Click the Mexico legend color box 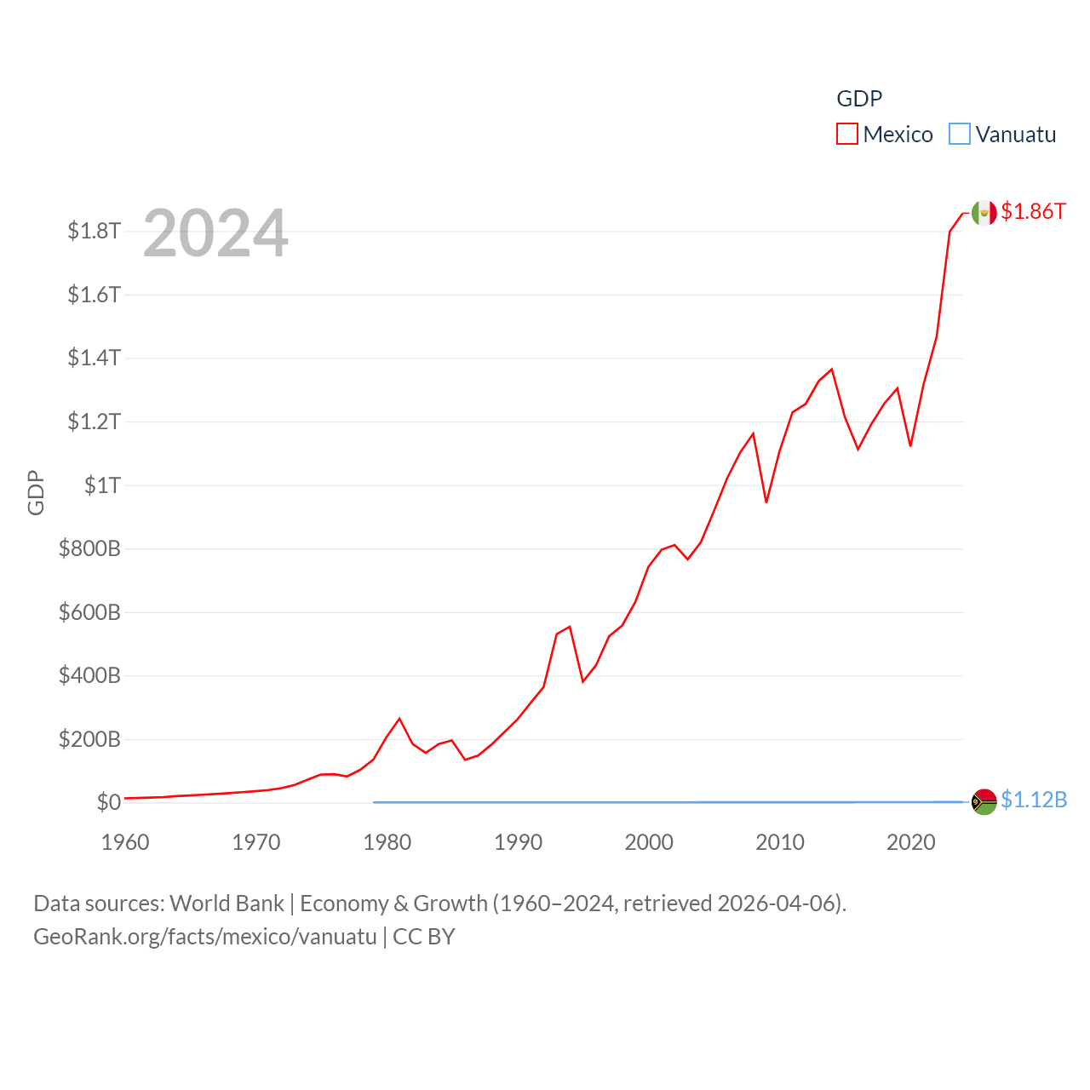(x=846, y=135)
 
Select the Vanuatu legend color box (x=960, y=135)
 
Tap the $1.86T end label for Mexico (x=1033, y=211)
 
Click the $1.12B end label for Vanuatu (x=1034, y=800)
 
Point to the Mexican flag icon (x=984, y=213)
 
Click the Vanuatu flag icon (x=984, y=801)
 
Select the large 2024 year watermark (x=215, y=233)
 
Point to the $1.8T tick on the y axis (x=95, y=231)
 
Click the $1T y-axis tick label (x=102, y=485)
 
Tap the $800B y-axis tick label (x=89, y=548)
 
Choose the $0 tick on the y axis (x=109, y=802)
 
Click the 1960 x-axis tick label (x=125, y=842)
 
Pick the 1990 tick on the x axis (x=518, y=842)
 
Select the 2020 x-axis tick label (x=910, y=842)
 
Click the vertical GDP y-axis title (x=36, y=492)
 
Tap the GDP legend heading (x=859, y=99)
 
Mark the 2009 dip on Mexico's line (x=766, y=502)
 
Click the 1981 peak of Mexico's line (x=399, y=719)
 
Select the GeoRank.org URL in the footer (x=204, y=937)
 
